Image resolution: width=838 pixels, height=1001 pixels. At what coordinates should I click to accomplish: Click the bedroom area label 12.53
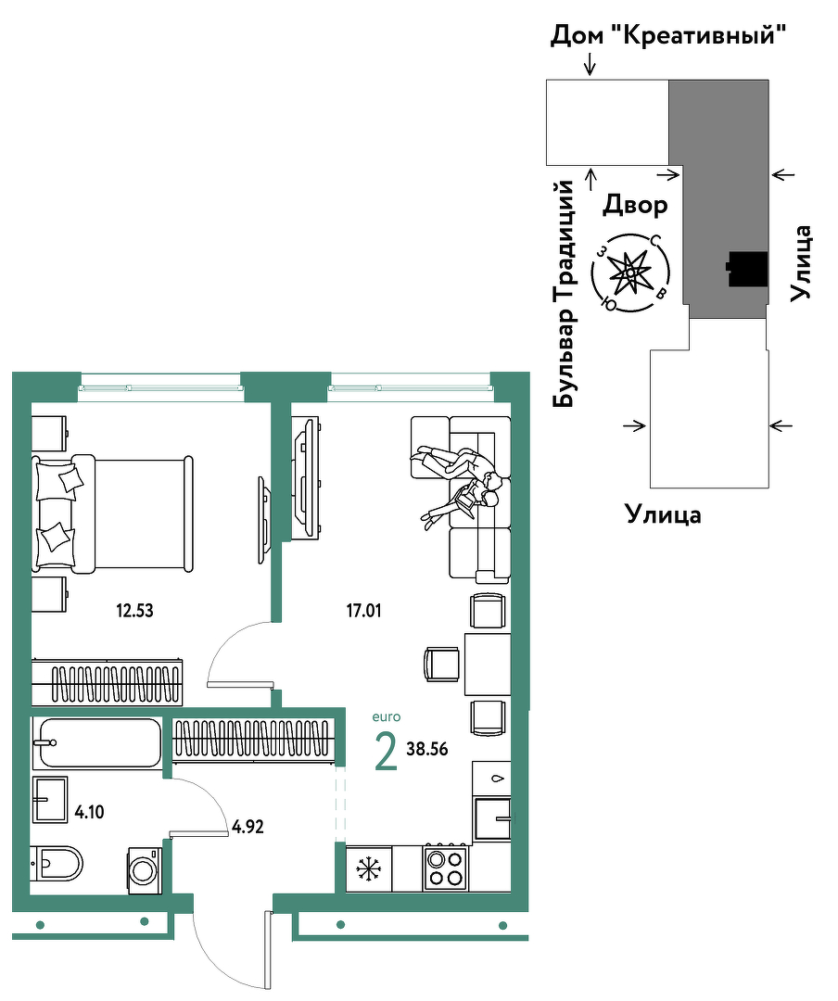pyautogui.click(x=134, y=610)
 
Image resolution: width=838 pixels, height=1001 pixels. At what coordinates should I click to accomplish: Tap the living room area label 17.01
pyautogui.click(x=364, y=610)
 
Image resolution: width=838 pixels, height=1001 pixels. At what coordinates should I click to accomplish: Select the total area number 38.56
pyautogui.click(x=427, y=749)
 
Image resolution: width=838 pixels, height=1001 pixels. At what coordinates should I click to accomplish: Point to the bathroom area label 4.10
pyautogui.click(x=89, y=812)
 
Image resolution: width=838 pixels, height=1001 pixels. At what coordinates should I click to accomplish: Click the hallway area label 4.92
pyautogui.click(x=248, y=827)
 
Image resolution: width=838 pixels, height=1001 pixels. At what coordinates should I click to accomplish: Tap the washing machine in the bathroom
pyautogui.click(x=145, y=870)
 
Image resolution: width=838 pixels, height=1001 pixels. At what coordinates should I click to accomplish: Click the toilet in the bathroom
pyautogui.click(x=57, y=864)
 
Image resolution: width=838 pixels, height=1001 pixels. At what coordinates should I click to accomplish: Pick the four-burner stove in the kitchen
pyautogui.click(x=445, y=868)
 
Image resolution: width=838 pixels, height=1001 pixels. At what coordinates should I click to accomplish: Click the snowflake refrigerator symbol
pyautogui.click(x=368, y=868)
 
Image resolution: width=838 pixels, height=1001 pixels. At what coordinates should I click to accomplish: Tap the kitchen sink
pyautogui.click(x=492, y=817)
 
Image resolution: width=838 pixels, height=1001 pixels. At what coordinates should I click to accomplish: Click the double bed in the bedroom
pyautogui.click(x=113, y=513)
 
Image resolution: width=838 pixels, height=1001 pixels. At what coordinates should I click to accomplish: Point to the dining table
pyautogui.click(x=488, y=664)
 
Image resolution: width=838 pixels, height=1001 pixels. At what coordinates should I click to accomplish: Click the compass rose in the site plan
pyautogui.click(x=630, y=273)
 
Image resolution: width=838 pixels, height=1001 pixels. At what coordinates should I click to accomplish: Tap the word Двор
pyautogui.click(x=635, y=205)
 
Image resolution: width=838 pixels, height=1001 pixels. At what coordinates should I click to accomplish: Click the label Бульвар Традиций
pyautogui.click(x=564, y=294)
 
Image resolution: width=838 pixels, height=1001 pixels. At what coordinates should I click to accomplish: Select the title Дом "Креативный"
pyautogui.click(x=667, y=35)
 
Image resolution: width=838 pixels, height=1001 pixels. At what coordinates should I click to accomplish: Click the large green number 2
pyautogui.click(x=386, y=752)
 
